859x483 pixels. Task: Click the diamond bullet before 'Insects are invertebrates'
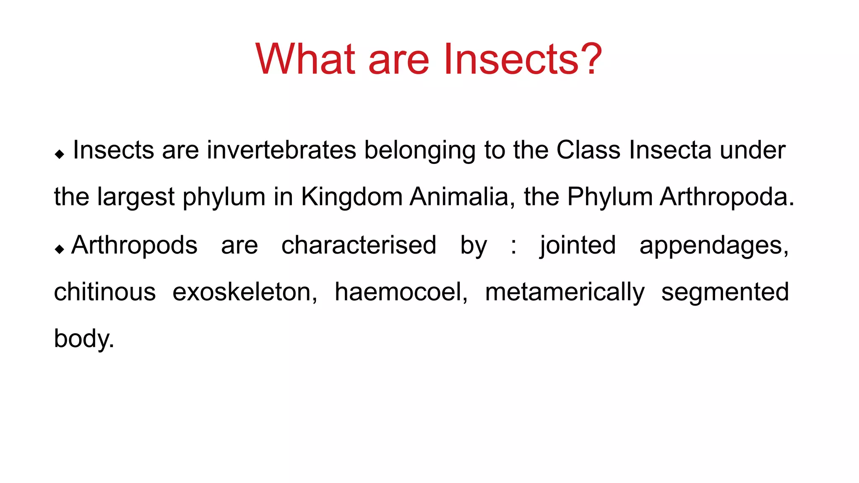[x=60, y=154]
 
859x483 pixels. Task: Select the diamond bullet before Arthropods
[x=60, y=249]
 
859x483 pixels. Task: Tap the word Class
[x=588, y=150]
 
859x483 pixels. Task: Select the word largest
[x=135, y=197]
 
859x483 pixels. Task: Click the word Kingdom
[x=351, y=197]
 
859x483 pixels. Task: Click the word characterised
[x=359, y=245]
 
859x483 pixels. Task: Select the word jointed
[x=578, y=246]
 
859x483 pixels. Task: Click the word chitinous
[x=105, y=292]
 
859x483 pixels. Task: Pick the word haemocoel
[x=401, y=292]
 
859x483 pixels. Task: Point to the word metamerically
[x=565, y=293]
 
